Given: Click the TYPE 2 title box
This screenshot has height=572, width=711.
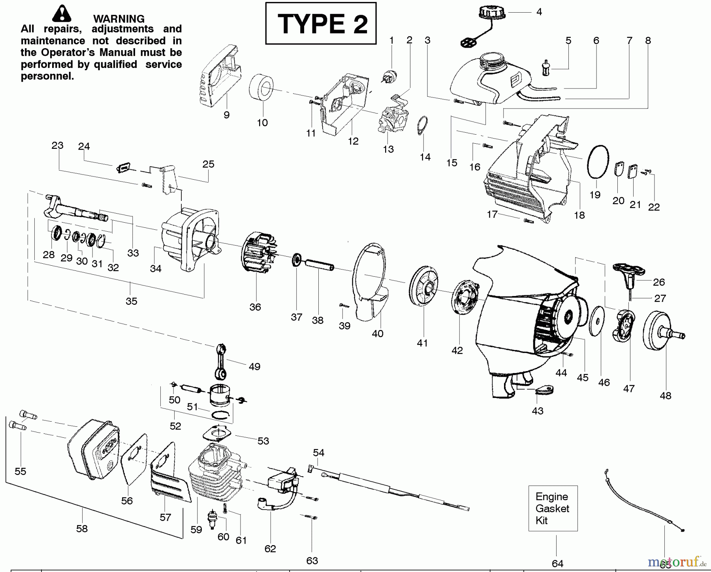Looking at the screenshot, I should (320, 23).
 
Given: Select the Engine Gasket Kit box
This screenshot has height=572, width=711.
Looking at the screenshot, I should (553, 508).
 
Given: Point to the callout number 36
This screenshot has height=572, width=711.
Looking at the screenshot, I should (255, 307).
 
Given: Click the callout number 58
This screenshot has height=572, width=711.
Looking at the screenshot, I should (82, 529).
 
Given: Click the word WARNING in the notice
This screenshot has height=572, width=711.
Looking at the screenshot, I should (118, 19).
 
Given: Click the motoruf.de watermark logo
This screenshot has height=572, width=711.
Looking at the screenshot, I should (676, 561).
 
